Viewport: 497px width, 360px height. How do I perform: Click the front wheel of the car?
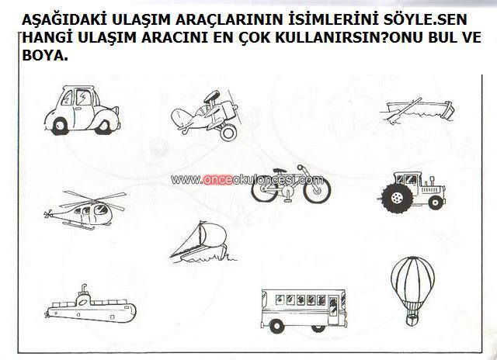pyautogui.click(x=104, y=126)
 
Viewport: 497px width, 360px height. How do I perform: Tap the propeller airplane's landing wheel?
pyautogui.click(x=228, y=133)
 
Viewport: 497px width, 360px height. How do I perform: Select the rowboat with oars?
pyautogui.click(x=418, y=110)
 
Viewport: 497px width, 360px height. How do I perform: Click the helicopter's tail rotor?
pyautogui.click(x=47, y=214)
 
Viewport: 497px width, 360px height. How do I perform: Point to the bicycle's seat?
pyautogui.click(x=280, y=171)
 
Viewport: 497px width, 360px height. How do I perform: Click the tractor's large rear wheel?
pyautogui.click(x=397, y=198)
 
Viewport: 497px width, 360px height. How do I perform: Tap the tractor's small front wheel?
pyautogui.click(x=436, y=202)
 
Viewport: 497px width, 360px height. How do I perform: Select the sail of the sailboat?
pyautogui.click(x=212, y=234)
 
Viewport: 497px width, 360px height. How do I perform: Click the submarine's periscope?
pyautogui.click(x=84, y=289)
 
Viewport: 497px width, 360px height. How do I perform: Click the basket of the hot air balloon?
pyautogui.click(x=412, y=320)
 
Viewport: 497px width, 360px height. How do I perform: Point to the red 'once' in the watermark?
pyautogui.click(x=218, y=180)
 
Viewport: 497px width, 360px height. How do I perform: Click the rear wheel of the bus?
pyautogui.click(x=276, y=325)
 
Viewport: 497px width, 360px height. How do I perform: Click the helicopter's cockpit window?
pyautogui.click(x=101, y=209)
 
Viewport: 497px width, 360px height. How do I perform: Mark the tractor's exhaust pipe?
pyautogui.click(x=432, y=181)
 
